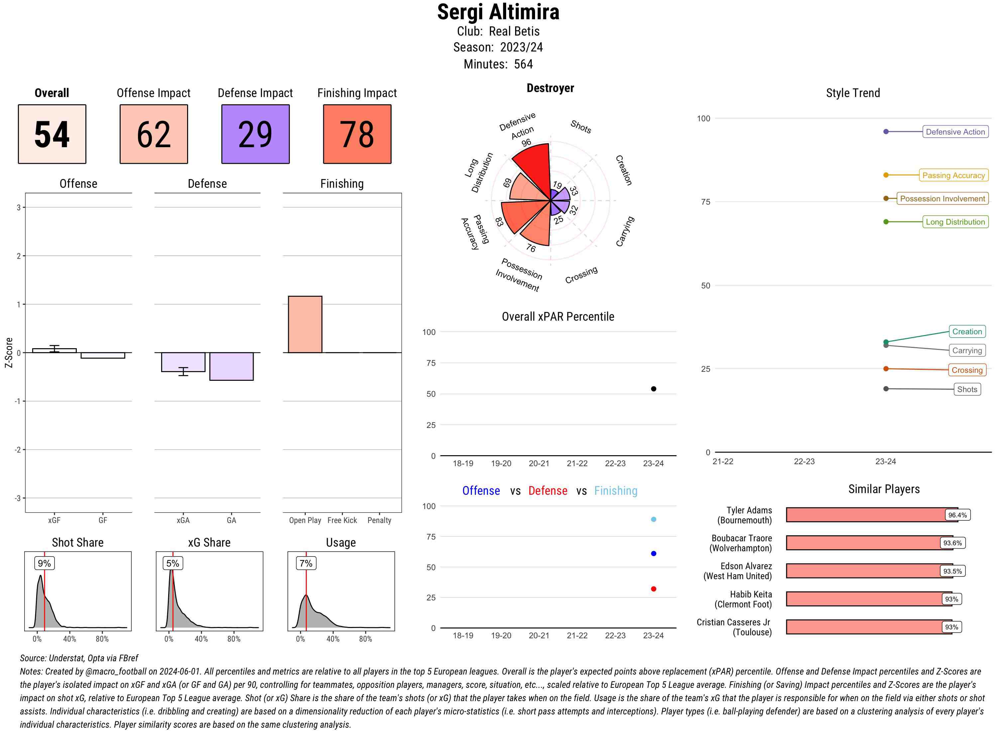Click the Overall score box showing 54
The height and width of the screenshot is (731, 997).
(52, 134)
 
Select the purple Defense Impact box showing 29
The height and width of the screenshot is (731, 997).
(255, 134)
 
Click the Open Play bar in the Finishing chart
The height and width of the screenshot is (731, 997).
(305, 324)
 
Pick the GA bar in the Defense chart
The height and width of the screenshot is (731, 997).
(231, 366)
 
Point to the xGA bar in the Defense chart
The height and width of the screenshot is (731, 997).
(183, 362)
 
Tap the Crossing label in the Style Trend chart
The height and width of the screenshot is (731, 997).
(967, 370)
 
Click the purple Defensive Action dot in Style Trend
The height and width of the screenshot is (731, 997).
(885, 132)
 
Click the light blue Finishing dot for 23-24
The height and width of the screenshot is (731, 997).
(653, 519)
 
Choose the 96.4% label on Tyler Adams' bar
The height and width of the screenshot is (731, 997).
(957, 515)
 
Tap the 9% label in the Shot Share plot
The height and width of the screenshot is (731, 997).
(44, 563)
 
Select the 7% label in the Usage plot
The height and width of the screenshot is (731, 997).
(306, 563)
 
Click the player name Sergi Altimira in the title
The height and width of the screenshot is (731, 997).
(498, 12)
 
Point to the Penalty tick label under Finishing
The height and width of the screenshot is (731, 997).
(379, 520)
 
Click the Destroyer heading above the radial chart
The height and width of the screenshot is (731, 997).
(550, 88)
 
